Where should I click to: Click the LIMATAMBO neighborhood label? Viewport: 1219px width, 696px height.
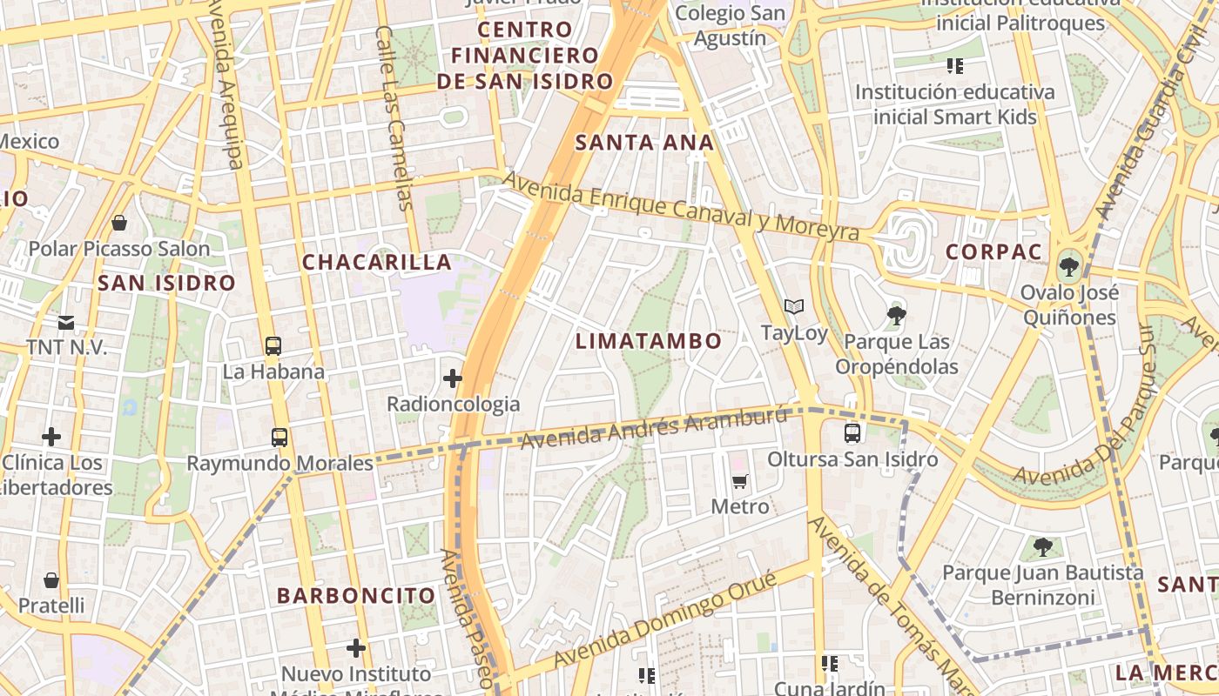point(649,341)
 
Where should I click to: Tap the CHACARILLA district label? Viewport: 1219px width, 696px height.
point(377,262)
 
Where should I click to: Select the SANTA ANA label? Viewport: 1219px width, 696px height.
point(645,143)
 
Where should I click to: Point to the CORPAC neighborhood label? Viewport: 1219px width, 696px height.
point(993,252)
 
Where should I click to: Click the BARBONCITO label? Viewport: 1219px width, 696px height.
point(356,596)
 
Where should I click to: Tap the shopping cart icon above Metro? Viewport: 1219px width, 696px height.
point(739,481)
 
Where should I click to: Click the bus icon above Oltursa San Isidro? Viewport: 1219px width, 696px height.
point(852,432)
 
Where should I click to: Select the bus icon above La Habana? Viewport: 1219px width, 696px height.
point(273,345)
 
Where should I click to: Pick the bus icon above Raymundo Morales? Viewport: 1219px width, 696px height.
point(279,437)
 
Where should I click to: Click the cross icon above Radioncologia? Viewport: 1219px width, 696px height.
point(453,378)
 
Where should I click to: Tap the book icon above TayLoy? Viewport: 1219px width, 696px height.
point(793,307)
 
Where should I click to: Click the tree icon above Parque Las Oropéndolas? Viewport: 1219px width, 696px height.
point(896,315)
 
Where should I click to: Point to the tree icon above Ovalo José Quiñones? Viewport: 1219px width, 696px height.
point(1068,266)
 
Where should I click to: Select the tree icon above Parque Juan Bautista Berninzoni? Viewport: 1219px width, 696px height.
point(1042,547)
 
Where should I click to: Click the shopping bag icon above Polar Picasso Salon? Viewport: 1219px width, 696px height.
point(119,223)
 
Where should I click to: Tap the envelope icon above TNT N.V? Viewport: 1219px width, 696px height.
point(66,323)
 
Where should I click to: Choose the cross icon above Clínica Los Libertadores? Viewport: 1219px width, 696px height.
point(51,436)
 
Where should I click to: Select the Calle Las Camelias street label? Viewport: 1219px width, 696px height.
point(391,117)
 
